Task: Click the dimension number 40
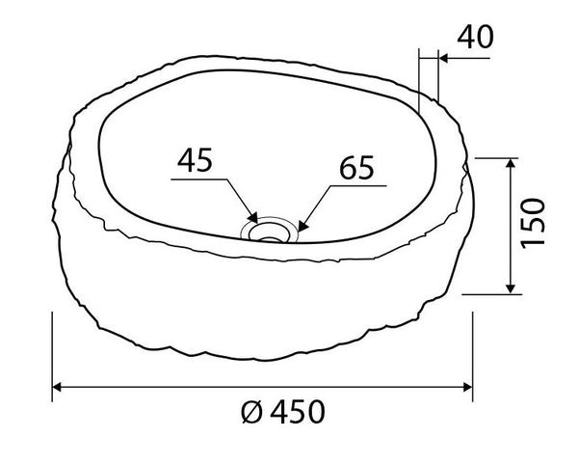click(475, 37)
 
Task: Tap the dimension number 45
click(195, 160)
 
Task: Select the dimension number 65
click(356, 167)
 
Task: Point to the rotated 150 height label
click(533, 223)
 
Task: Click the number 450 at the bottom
click(298, 412)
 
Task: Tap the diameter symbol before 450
click(251, 412)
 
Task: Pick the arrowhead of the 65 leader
click(303, 226)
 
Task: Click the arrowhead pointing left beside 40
click(443, 58)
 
